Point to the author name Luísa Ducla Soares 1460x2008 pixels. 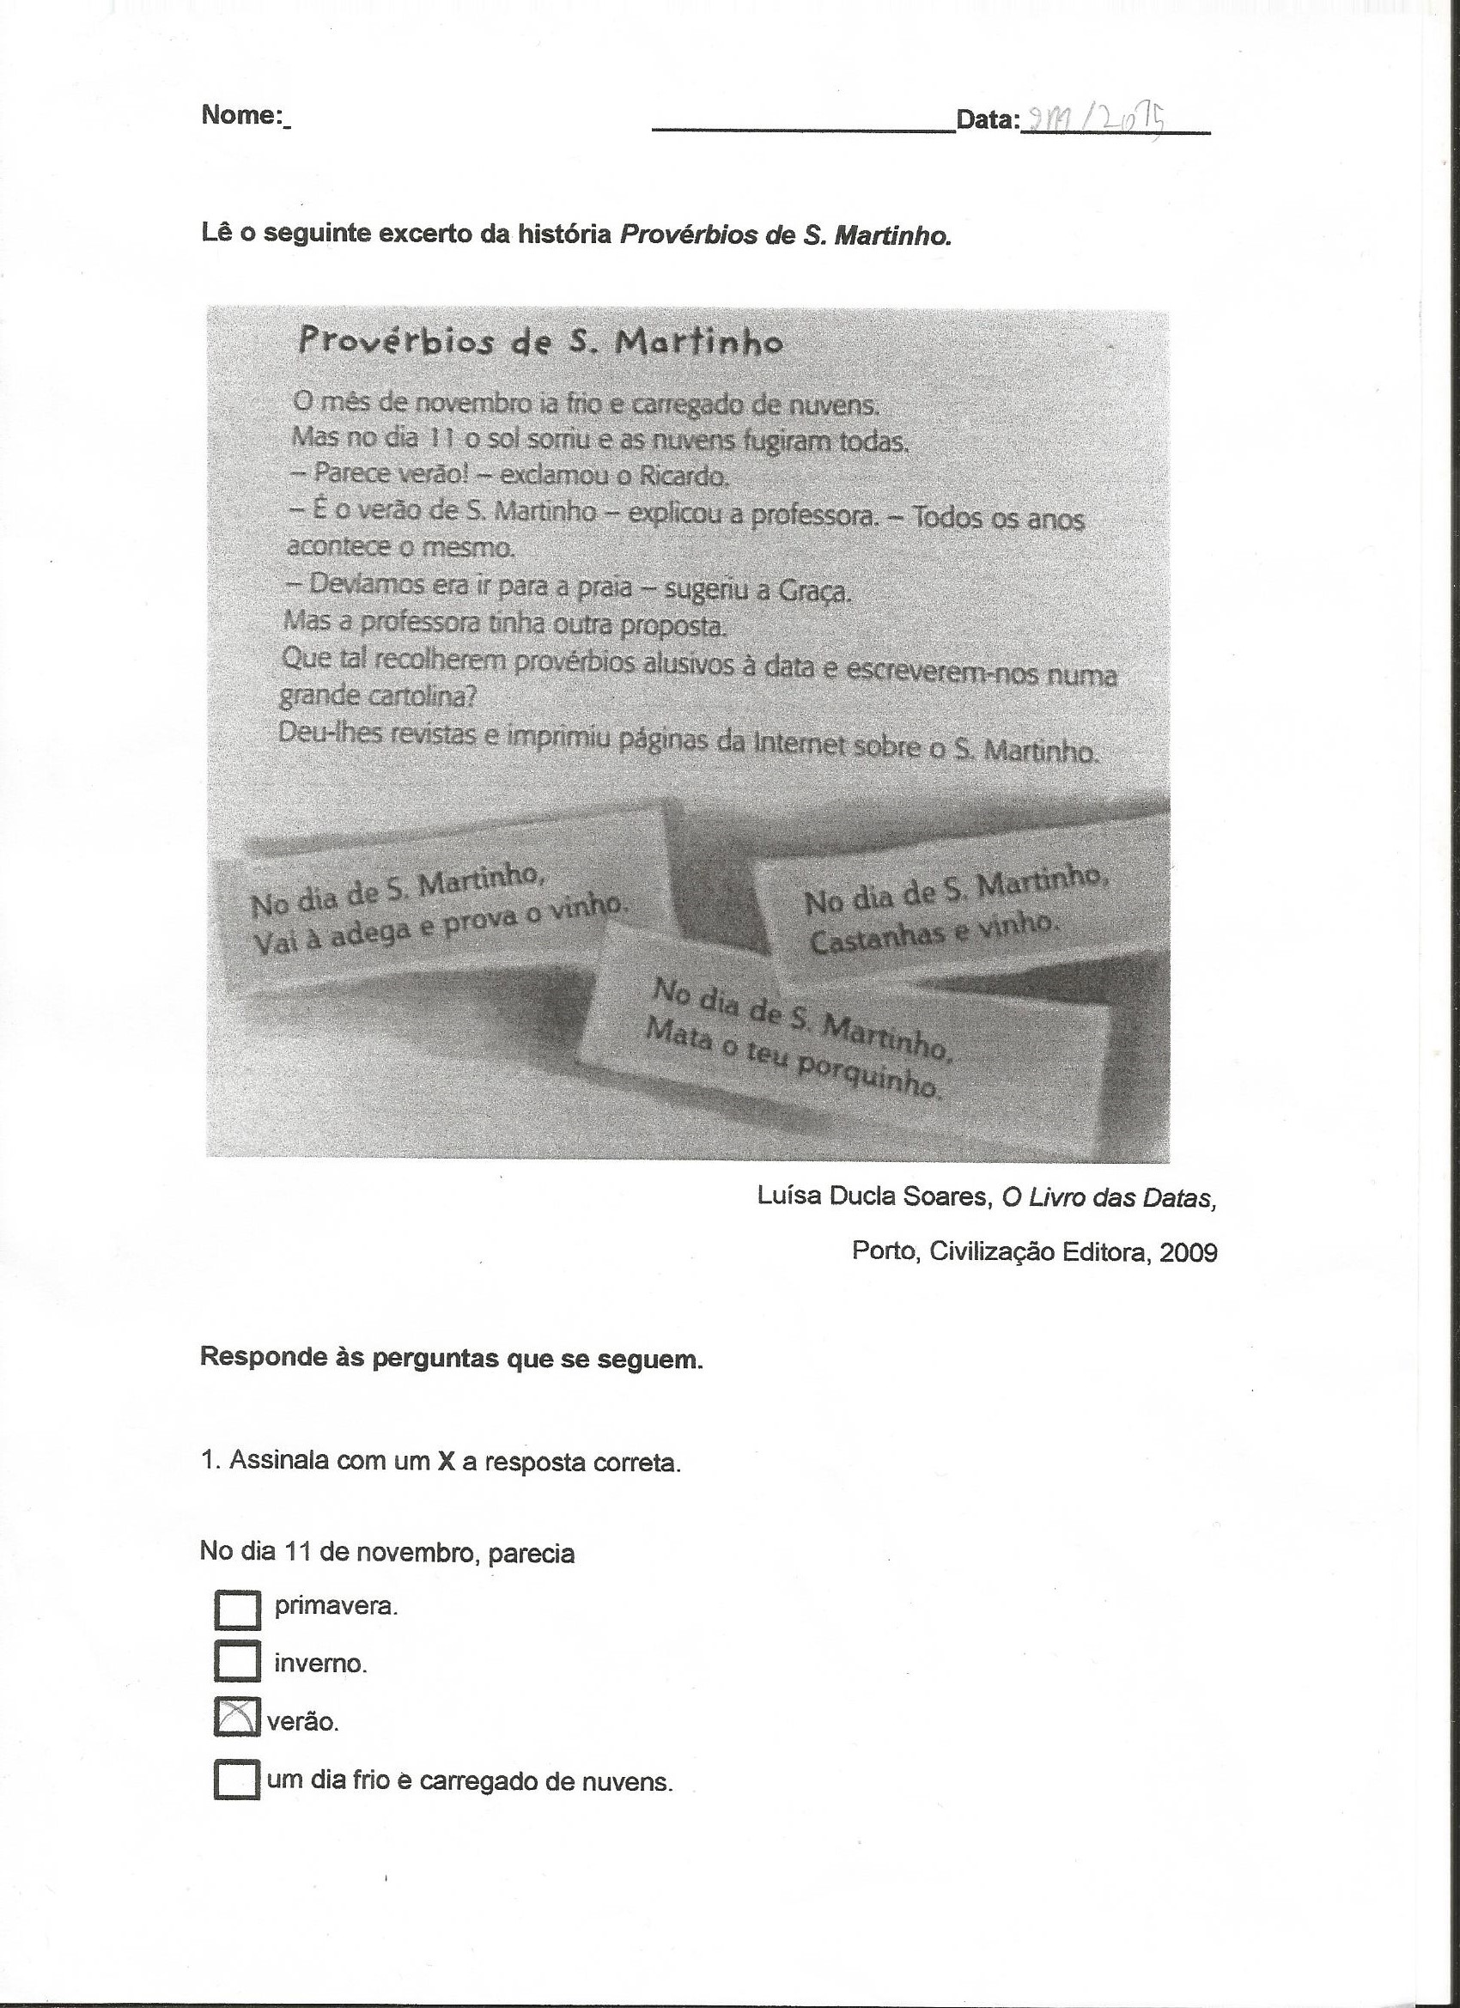tap(872, 1197)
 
